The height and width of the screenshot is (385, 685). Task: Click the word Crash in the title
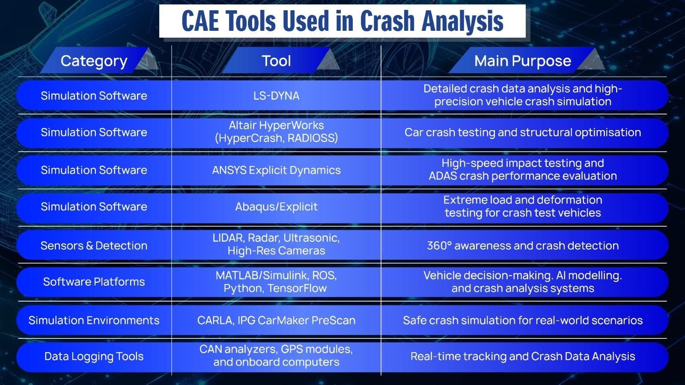coord(388,21)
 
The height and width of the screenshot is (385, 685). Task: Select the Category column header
coord(94,61)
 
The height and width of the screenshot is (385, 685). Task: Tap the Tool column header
coord(276,61)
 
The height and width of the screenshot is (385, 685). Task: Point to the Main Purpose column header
coord(522,61)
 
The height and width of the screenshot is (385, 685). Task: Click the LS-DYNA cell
coord(276,95)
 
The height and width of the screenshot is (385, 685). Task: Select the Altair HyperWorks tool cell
coord(276,132)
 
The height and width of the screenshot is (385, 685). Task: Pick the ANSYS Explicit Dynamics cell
coord(276,170)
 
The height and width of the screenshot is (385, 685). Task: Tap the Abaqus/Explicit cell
coord(276,207)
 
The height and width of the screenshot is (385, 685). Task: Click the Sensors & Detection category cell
coord(94,246)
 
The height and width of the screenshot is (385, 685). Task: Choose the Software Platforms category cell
coord(94,281)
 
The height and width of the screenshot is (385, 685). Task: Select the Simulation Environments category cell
coord(94,320)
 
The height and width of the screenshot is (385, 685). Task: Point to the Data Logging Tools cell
coord(94,356)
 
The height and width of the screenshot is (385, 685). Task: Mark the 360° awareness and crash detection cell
coord(522,246)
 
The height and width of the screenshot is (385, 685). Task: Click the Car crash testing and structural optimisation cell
coord(522,132)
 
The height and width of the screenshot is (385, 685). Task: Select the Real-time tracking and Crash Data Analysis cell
coord(522,356)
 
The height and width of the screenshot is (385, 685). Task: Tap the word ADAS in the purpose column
coord(443,176)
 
